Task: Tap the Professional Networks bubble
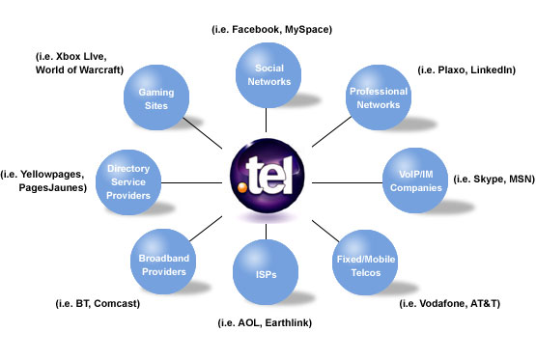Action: [380, 97]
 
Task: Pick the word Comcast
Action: [117, 304]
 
